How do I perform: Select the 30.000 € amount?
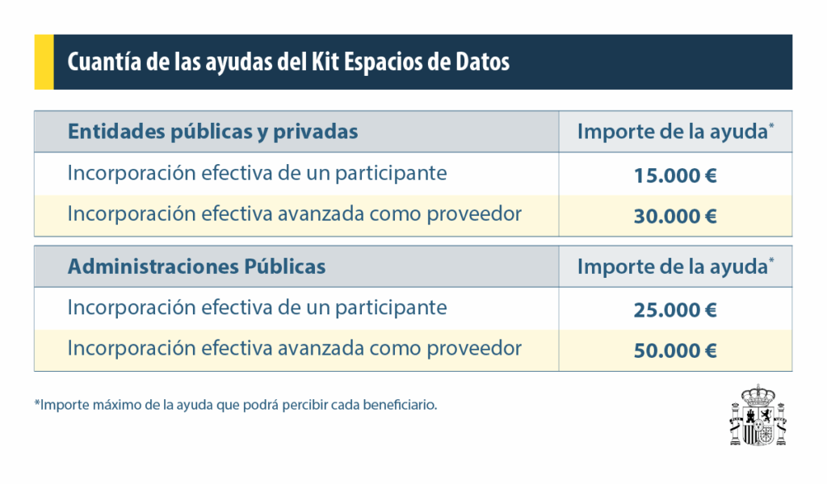pos(675,217)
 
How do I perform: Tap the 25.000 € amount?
pos(675,310)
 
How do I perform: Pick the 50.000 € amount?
pos(675,351)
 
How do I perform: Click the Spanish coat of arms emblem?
pos(757,415)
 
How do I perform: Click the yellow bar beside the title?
pos(44,62)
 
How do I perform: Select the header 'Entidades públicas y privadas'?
pos(212,132)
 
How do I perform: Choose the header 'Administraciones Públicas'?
pos(196,267)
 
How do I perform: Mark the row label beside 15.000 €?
pos(257,173)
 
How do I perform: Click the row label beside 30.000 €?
pos(294,214)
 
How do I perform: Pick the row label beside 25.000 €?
pos(257,308)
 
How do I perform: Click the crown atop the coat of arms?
pos(757,394)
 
